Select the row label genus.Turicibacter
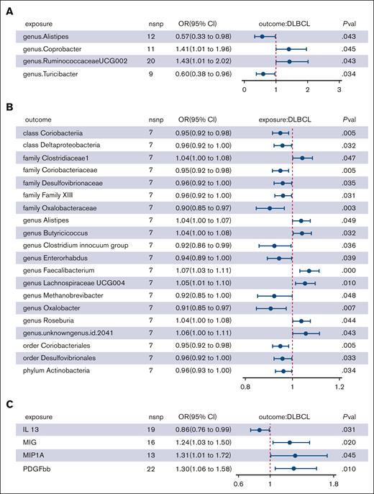[54, 73]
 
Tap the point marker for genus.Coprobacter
[288, 49]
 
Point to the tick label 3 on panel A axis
[339, 91]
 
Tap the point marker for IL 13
[260, 429]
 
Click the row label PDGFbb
[37, 466]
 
